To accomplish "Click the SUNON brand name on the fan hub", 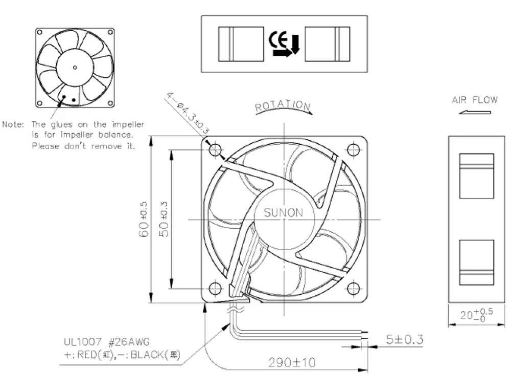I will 283,213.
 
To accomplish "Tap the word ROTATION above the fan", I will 283,106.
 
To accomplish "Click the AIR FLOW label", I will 474,100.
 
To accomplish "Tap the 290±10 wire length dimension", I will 292,362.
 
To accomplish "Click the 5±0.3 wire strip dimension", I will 403,339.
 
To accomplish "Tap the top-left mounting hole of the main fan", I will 215,150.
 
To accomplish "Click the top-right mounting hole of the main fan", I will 353,149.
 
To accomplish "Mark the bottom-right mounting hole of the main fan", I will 353,288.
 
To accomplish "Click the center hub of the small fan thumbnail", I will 75,67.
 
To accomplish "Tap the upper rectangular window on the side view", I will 476,176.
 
